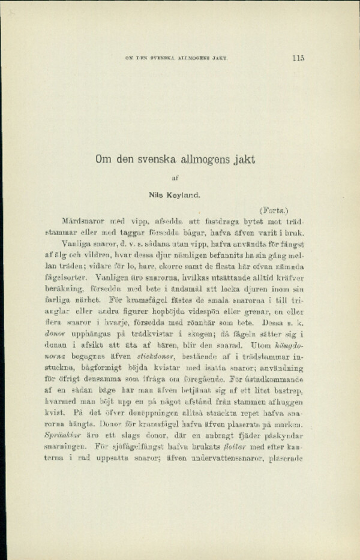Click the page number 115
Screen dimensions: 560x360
coord(299,58)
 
